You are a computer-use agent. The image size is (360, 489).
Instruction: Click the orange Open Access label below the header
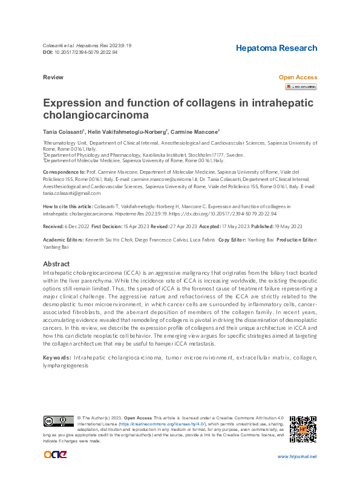tap(297, 77)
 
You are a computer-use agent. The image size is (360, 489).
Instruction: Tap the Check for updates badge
tap(301, 87)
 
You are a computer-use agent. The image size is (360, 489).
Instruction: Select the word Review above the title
tap(53, 78)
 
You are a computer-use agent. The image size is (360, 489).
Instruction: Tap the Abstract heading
tap(57, 264)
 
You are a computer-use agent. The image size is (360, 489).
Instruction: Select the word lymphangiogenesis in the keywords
tap(66, 366)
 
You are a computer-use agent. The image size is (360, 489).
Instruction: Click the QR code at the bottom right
tap(303, 429)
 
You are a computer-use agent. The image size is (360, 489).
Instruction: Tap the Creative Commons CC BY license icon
tap(58, 421)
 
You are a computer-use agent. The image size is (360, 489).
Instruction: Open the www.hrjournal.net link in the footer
tap(296, 456)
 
